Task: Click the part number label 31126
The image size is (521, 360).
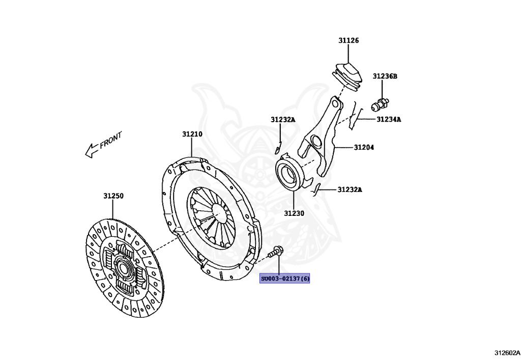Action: click(x=349, y=40)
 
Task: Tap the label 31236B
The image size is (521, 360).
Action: click(x=385, y=76)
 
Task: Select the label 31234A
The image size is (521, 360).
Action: click(x=389, y=120)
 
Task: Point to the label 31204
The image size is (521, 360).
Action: click(x=364, y=148)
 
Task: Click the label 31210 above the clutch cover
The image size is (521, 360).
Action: click(x=192, y=134)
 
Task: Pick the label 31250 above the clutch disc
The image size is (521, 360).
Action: click(x=113, y=196)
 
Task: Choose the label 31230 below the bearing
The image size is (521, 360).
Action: click(x=294, y=213)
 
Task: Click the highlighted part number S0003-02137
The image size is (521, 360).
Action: click(x=285, y=279)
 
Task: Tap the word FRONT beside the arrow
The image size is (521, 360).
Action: click(x=111, y=140)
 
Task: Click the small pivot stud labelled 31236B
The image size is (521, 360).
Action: click(x=380, y=104)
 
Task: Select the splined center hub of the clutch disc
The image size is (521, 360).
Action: click(x=122, y=266)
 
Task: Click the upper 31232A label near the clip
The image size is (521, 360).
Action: click(x=283, y=120)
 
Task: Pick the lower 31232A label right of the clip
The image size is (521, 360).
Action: click(x=350, y=190)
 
